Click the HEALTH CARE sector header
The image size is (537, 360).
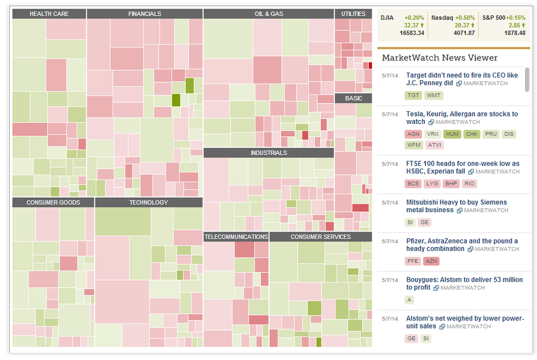(x=49, y=14)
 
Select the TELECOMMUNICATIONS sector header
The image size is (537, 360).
(x=236, y=237)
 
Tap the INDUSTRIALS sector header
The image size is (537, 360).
(x=268, y=153)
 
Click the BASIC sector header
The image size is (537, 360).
(x=354, y=99)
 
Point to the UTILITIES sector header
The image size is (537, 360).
(x=354, y=14)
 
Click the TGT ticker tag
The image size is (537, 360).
(x=413, y=95)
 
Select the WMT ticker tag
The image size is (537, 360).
(x=434, y=95)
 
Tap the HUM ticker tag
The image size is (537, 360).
(x=452, y=134)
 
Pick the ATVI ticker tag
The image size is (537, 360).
(x=435, y=145)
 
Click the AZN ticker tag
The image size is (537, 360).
(x=431, y=261)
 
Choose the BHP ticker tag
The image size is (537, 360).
(x=451, y=184)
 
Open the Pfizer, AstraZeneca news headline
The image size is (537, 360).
(x=462, y=244)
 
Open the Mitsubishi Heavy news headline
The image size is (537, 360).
(x=456, y=206)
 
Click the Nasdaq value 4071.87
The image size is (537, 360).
(x=464, y=33)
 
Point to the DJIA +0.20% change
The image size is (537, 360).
(x=414, y=18)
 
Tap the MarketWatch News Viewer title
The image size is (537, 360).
(x=439, y=58)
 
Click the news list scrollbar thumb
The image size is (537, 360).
(x=527, y=80)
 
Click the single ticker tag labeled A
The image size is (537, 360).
(x=409, y=300)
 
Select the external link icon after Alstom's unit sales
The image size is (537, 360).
(x=442, y=327)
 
